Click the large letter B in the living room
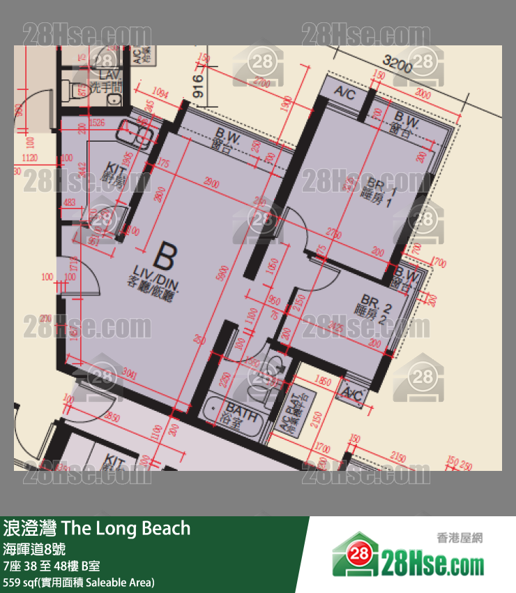coord(164,255)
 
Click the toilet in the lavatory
coord(77,89)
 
